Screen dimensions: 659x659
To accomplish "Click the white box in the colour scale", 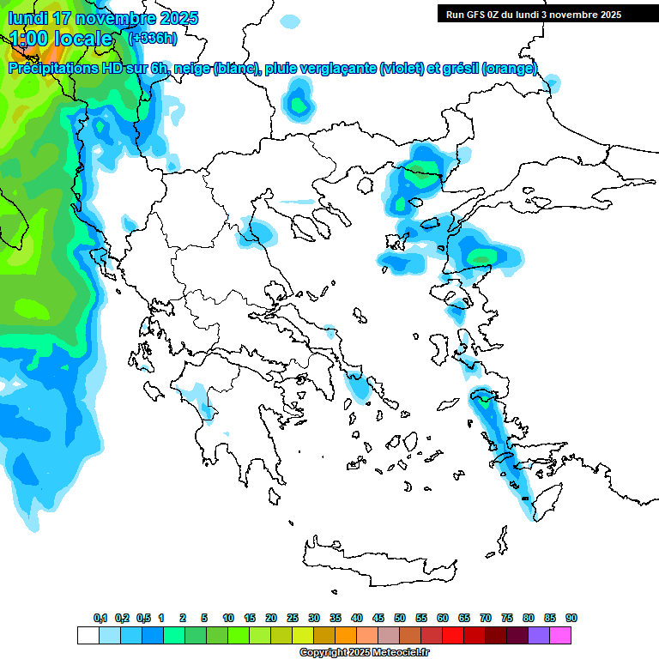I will [x=88, y=635].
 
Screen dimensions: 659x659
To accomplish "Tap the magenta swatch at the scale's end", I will [x=561, y=635].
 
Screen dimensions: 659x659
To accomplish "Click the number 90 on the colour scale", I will [x=571, y=618].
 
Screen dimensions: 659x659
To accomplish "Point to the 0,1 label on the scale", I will [x=100, y=618].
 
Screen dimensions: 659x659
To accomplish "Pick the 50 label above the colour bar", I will [x=400, y=618].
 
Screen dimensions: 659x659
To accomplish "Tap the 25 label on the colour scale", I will [x=293, y=618].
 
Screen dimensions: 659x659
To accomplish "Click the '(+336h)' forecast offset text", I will [x=153, y=38].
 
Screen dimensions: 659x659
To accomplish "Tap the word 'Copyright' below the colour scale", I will [x=322, y=653].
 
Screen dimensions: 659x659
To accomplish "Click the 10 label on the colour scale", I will [x=228, y=618].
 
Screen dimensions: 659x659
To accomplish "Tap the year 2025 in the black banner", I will [x=608, y=14].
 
